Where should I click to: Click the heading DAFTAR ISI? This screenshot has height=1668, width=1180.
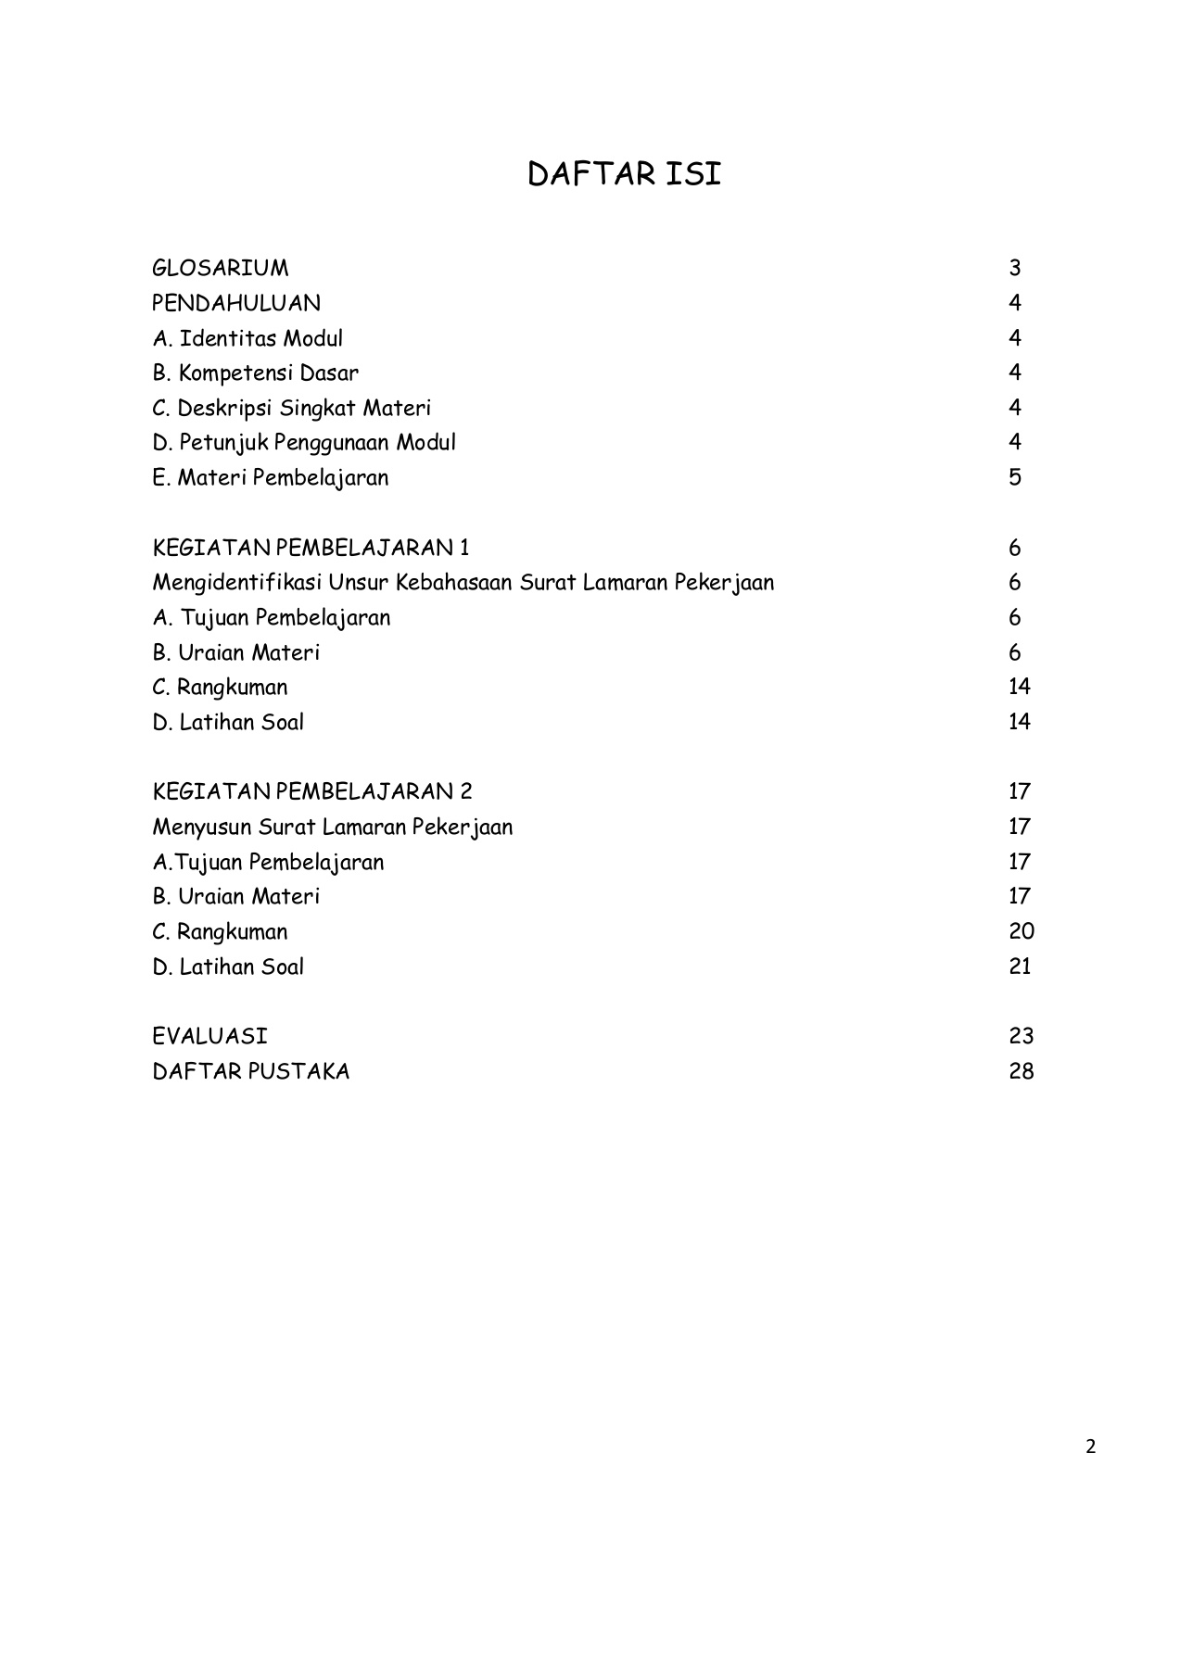tap(624, 174)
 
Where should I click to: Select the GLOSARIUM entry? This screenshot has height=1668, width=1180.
tap(220, 269)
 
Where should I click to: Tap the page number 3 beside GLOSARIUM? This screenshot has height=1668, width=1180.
tap(1015, 269)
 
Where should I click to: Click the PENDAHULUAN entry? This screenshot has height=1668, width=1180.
tap(236, 303)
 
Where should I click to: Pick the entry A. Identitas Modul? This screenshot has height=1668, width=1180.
tap(247, 338)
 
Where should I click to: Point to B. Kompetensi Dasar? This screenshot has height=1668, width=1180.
tap(255, 373)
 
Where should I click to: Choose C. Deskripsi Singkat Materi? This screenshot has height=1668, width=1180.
tap(291, 409)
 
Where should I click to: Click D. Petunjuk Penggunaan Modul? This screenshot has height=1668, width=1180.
tap(304, 443)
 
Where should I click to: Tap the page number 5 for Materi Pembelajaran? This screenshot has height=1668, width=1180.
tap(1015, 478)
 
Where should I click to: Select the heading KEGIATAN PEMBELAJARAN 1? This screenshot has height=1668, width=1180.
tap(311, 548)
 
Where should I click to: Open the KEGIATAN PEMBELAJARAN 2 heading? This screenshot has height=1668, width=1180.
tap(312, 791)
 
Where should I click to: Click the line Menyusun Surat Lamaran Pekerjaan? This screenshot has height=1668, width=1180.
tap(332, 827)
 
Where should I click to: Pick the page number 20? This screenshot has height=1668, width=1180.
tap(1021, 931)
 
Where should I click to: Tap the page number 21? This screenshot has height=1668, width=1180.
tap(1020, 967)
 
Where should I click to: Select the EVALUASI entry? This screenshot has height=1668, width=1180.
tap(209, 1036)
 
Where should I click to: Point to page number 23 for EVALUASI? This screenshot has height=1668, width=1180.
tap(1021, 1036)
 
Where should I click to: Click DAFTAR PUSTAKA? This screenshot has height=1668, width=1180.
tap(250, 1072)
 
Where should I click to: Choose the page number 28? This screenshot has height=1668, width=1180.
tap(1021, 1072)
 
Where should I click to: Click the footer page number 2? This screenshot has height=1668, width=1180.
tap(1090, 1447)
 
